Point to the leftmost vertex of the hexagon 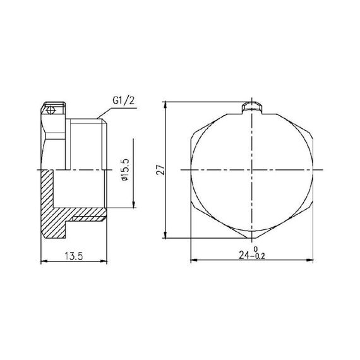(191, 170)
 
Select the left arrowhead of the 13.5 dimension (43, 260)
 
